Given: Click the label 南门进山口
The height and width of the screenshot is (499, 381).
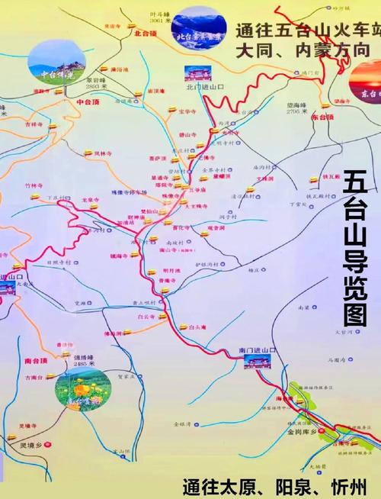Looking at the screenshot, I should tap(257, 349).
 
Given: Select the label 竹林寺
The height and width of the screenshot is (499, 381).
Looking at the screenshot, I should tap(34, 185).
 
